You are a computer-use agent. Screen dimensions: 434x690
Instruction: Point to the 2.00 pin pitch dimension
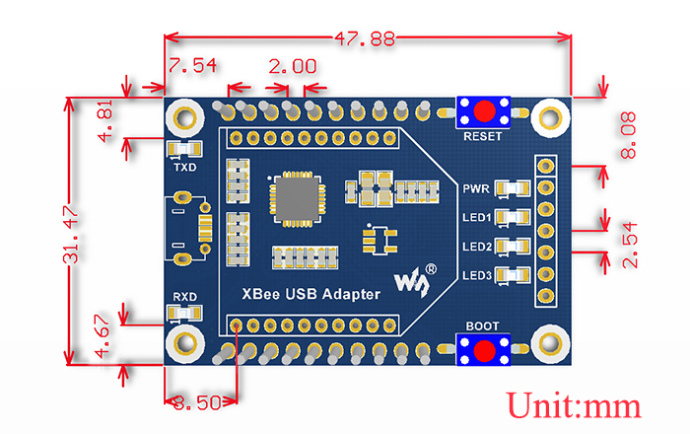coord(293,67)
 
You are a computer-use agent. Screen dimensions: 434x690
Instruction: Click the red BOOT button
coord(483,350)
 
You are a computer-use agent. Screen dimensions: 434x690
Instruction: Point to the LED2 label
coord(477,247)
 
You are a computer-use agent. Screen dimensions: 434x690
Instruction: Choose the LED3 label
coord(477,276)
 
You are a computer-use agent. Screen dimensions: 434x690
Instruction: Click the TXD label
coord(184,168)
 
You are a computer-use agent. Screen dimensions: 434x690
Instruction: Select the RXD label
coord(184,296)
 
